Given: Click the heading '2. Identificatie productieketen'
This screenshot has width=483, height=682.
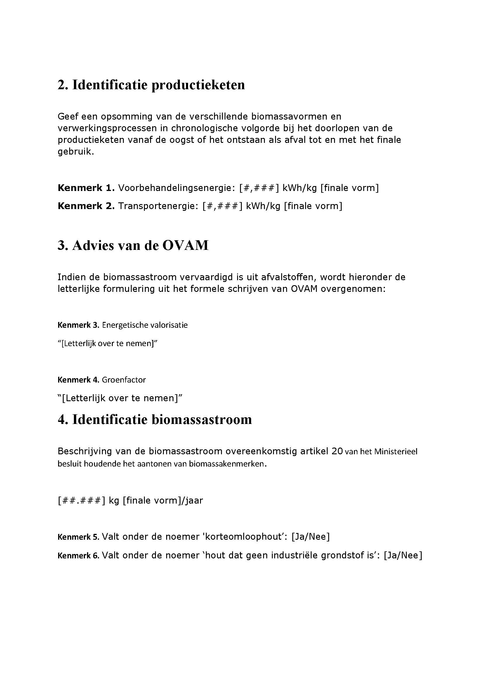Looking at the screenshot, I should click(151, 85).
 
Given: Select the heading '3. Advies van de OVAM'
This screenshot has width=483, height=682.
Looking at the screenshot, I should click(133, 245).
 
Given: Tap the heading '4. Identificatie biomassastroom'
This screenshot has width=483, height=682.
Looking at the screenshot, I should click(155, 420).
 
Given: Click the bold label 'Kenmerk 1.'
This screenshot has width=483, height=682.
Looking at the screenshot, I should click(86, 188).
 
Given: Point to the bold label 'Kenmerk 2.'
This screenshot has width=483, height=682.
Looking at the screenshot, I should click(86, 206).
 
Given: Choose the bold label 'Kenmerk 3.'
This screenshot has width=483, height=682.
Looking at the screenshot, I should click(78, 325).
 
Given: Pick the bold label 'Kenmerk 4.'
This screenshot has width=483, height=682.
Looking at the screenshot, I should click(78, 380).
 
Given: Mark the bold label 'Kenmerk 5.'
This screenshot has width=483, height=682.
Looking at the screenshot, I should click(78, 537).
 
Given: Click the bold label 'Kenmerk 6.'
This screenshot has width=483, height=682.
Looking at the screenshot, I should click(78, 555).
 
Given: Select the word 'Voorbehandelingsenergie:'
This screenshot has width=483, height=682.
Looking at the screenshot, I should click(177, 188).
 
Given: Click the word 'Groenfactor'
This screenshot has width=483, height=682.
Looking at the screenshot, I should click(124, 380).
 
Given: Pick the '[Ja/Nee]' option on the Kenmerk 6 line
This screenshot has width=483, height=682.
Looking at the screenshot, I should click(403, 555).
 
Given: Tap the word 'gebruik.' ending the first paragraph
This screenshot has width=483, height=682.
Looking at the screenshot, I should click(76, 152).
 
